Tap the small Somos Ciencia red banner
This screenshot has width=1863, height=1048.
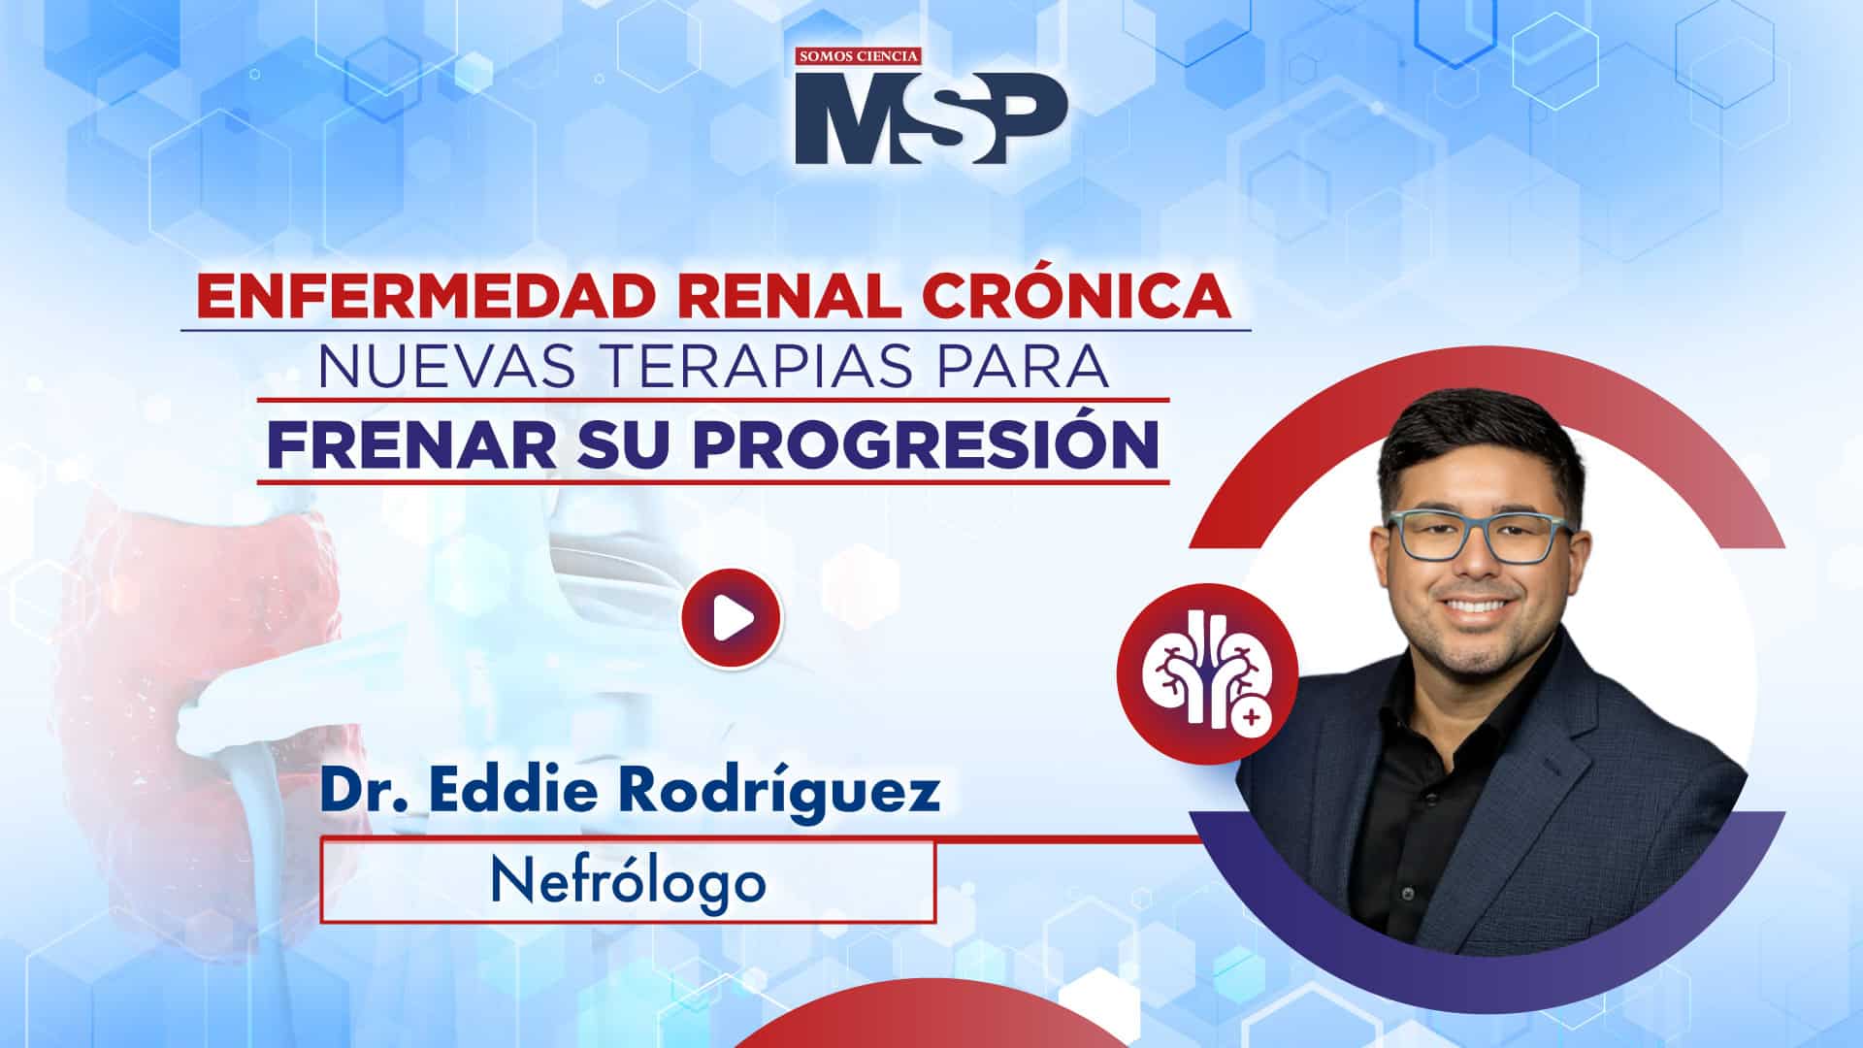(858, 57)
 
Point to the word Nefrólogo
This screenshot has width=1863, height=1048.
(628, 881)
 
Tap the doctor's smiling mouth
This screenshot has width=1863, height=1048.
(1482, 607)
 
